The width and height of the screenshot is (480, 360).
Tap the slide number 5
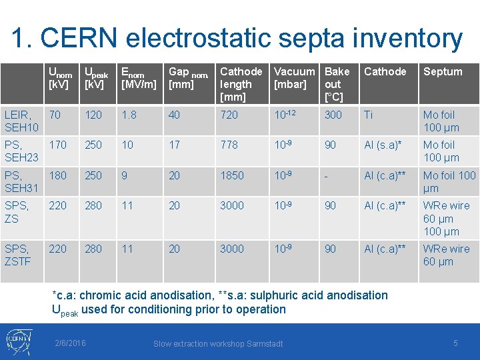[x=455, y=343]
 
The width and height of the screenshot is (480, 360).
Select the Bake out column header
[x=337, y=84]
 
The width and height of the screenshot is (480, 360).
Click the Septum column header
[x=443, y=71]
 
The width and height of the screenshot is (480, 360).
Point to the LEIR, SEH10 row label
[x=21, y=121]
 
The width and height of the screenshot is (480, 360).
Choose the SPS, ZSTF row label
[x=18, y=255]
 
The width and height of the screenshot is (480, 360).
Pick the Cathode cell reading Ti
[x=369, y=115]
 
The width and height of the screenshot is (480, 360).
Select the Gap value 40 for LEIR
[x=174, y=115]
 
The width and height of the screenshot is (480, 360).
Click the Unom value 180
[x=57, y=175]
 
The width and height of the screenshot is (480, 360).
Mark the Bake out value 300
[x=333, y=115]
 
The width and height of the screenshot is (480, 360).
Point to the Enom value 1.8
[x=129, y=115]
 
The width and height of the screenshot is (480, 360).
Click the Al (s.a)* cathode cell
[x=383, y=145]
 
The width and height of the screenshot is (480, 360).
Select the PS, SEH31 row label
[x=21, y=181]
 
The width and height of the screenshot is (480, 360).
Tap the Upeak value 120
[x=93, y=115]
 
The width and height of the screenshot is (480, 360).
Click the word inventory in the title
[x=395, y=39]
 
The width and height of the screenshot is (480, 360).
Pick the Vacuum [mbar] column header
[x=295, y=77]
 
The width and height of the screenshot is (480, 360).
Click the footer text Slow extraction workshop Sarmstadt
[x=218, y=343]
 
